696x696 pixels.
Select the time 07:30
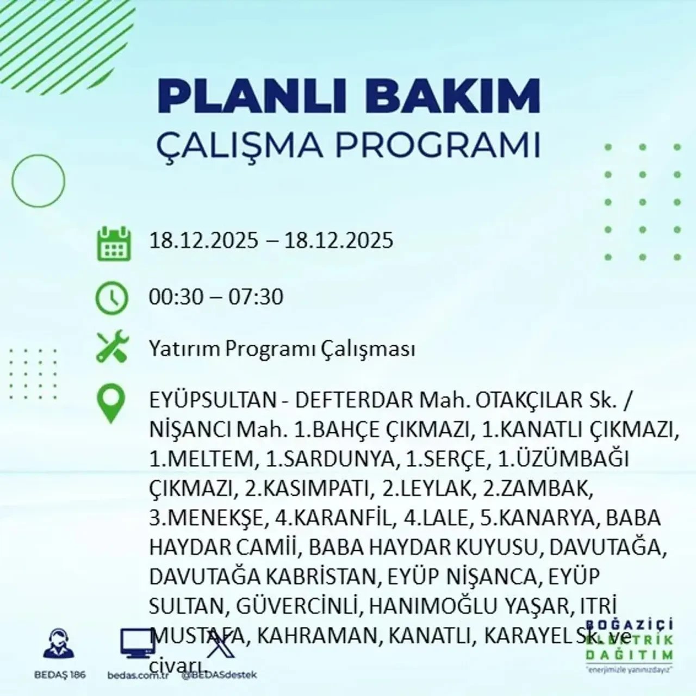pos(256,297)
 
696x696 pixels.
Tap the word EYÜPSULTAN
pos(213,401)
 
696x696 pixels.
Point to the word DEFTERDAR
pos(354,401)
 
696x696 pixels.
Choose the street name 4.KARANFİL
pos(333,518)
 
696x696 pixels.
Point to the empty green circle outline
pos(38,180)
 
